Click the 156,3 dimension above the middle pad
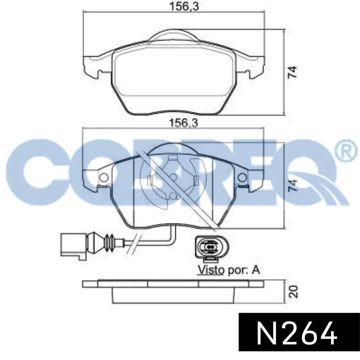pyautogui.click(x=183, y=123)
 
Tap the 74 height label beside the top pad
pyautogui.click(x=293, y=72)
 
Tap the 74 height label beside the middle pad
pyautogui.click(x=293, y=185)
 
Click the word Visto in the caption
pyautogui.click(x=211, y=270)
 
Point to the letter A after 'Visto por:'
pyautogui.click(x=256, y=270)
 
